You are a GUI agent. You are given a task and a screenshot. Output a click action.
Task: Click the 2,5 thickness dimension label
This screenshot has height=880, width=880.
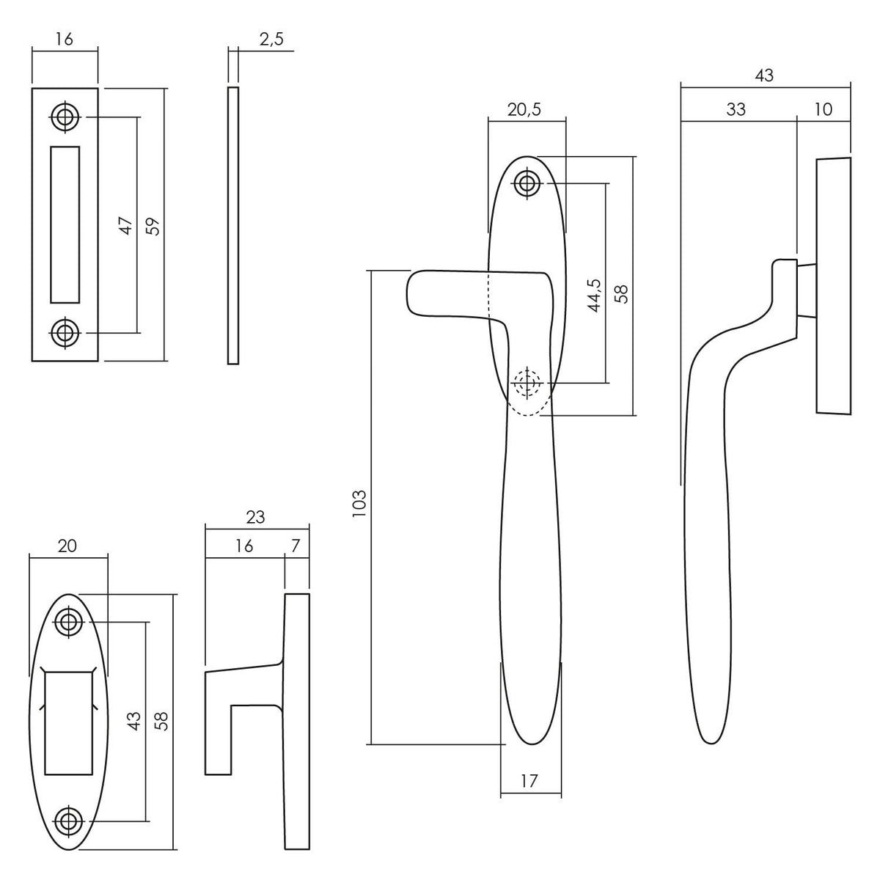272,40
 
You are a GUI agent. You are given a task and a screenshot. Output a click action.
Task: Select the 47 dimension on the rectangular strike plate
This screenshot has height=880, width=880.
126,226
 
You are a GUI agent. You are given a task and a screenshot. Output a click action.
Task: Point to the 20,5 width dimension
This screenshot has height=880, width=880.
524,109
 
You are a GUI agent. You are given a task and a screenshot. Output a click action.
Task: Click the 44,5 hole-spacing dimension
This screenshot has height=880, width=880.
595,296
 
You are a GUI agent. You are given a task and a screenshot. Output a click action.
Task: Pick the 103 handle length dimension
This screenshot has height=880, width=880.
359,503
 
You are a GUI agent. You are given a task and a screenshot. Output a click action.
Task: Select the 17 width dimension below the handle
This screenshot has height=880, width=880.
529,781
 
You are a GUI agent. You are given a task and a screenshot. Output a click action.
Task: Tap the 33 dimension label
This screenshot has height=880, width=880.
736,109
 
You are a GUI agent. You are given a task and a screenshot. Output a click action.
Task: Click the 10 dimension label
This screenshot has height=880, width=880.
823,109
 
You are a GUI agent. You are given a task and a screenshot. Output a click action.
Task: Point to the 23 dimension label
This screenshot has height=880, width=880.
255,517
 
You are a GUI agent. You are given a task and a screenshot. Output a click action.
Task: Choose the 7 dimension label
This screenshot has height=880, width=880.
296,546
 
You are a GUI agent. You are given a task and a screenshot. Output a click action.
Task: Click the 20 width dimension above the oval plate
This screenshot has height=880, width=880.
67,546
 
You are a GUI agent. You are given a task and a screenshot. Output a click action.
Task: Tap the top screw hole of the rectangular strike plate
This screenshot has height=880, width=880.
65,117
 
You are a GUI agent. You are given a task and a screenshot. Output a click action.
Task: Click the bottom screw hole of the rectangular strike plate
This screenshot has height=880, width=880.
65,333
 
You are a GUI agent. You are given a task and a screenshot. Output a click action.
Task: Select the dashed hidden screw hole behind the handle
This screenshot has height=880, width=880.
527,383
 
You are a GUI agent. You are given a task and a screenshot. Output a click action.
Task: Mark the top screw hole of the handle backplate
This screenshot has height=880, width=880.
527,183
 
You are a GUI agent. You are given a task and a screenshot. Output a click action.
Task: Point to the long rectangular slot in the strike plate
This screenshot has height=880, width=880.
65,224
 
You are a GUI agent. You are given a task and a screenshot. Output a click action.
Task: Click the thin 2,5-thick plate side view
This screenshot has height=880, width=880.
233,226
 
